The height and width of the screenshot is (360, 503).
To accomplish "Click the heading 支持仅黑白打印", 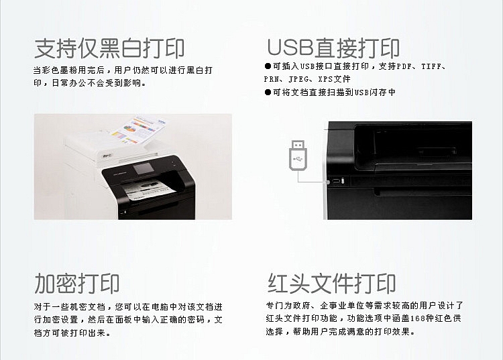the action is [x=109, y=48].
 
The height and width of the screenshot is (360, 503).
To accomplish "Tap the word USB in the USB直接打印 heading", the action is [x=290, y=48].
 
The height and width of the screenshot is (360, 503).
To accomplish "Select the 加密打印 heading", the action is [x=76, y=284].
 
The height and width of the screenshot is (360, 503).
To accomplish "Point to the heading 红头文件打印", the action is [x=332, y=284].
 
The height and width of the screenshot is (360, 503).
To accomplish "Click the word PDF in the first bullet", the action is [x=404, y=66].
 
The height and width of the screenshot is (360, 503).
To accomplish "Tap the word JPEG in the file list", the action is [x=298, y=79].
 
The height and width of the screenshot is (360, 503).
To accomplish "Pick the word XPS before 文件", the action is [x=325, y=79].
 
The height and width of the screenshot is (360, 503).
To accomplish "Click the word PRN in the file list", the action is [x=272, y=79].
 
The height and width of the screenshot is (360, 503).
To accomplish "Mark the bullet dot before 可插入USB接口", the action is [x=268, y=66].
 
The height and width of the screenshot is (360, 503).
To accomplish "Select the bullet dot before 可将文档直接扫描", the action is [x=268, y=93].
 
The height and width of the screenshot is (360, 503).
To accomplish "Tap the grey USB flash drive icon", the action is [x=298, y=155].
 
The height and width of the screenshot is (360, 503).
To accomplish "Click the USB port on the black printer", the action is [x=336, y=181].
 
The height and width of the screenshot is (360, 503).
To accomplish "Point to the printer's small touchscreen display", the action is [x=143, y=169].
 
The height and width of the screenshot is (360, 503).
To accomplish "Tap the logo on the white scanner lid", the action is [x=107, y=157].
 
